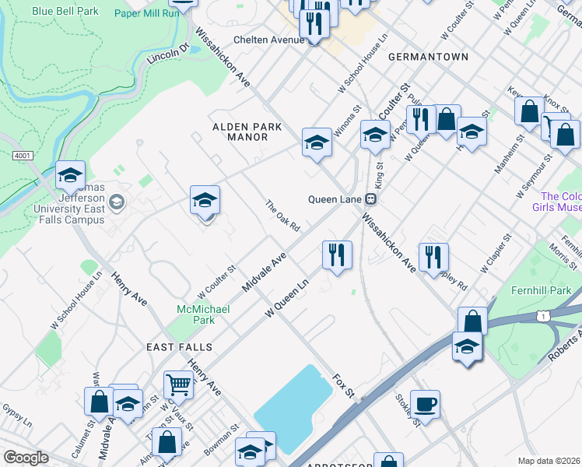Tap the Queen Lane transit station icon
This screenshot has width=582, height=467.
[x=372, y=198]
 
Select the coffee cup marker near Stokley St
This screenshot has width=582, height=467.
[x=425, y=404]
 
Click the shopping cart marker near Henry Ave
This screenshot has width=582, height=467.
[x=178, y=384]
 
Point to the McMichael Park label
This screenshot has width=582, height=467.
[x=202, y=314]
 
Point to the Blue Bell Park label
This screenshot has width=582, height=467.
[x=66, y=12]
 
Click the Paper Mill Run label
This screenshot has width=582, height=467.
[x=146, y=13]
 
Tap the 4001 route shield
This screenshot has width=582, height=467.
[x=23, y=156]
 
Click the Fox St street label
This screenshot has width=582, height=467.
[x=343, y=384]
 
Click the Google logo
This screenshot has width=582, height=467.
[x=26, y=458]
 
